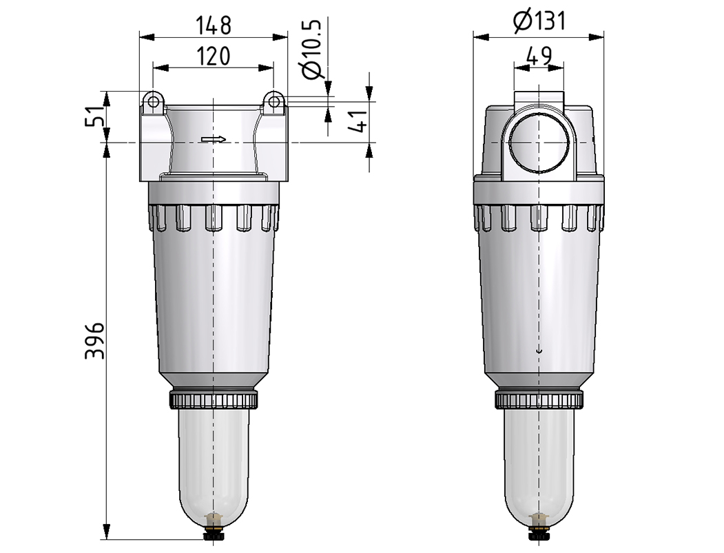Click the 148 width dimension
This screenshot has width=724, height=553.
[x=214, y=25]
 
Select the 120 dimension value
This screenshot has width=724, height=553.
[x=214, y=56]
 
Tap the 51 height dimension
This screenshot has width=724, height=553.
[x=94, y=116]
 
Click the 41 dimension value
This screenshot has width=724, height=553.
[x=359, y=121]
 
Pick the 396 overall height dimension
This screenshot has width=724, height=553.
[x=95, y=341]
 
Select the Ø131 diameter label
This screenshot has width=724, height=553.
[x=539, y=21]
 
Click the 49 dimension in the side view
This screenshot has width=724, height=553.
[x=539, y=56]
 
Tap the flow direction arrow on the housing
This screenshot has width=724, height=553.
[x=214, y=139]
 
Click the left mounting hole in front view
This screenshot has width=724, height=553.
[x=153, y=100]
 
